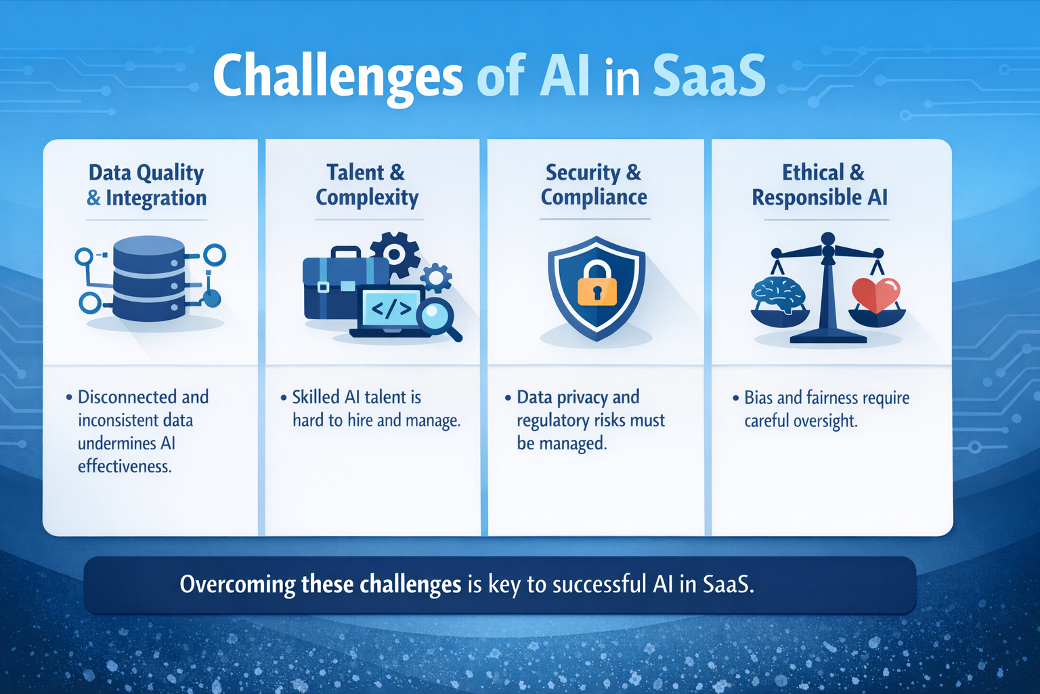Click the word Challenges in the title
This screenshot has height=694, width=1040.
[x=337, y=76]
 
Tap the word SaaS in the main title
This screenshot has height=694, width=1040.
[x=709, y=76]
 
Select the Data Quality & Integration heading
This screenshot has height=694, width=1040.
[x=147, y=185]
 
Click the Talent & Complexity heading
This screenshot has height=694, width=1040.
[x=366, y=184]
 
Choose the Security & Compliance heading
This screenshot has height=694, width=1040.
[x=593, y=184]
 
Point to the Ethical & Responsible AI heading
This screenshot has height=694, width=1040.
[x=821, y=184]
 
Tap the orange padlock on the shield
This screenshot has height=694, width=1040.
[x=597, y=284]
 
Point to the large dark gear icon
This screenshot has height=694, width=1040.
[x=395, y=254]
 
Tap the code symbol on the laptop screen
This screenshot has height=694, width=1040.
[x=391, y=309]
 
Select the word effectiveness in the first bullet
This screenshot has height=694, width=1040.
[x=125, y=466]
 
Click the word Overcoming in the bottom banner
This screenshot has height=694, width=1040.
[x=238, y=584]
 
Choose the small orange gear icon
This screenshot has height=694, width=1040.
[x=436, y=277]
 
